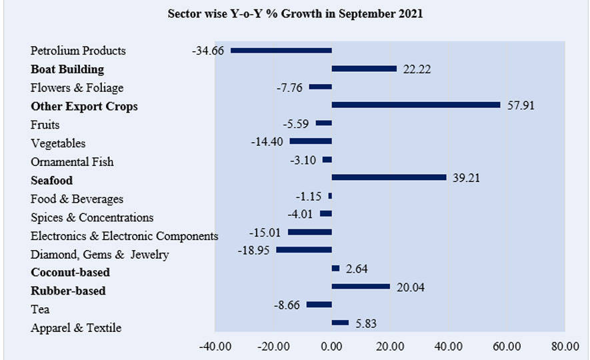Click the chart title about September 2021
pos(295,14)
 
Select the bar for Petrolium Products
pos(281,51)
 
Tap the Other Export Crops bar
pos(415,105)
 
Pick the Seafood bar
pos(389,177)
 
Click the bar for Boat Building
pos(364,69)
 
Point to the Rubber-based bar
pos(361,287)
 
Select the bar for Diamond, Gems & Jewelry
pos(304,250)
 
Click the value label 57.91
pos(521,105)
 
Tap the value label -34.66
pos(208,51)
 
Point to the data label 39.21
pos(466,178)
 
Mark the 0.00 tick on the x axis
pos(331,346)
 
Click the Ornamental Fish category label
pos(72,162)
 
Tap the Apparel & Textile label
pos(76,327)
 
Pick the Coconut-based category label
pos(70,272)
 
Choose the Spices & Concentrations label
pos(92,217)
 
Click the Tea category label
pos(40,309)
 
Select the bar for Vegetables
pos(310,141)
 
